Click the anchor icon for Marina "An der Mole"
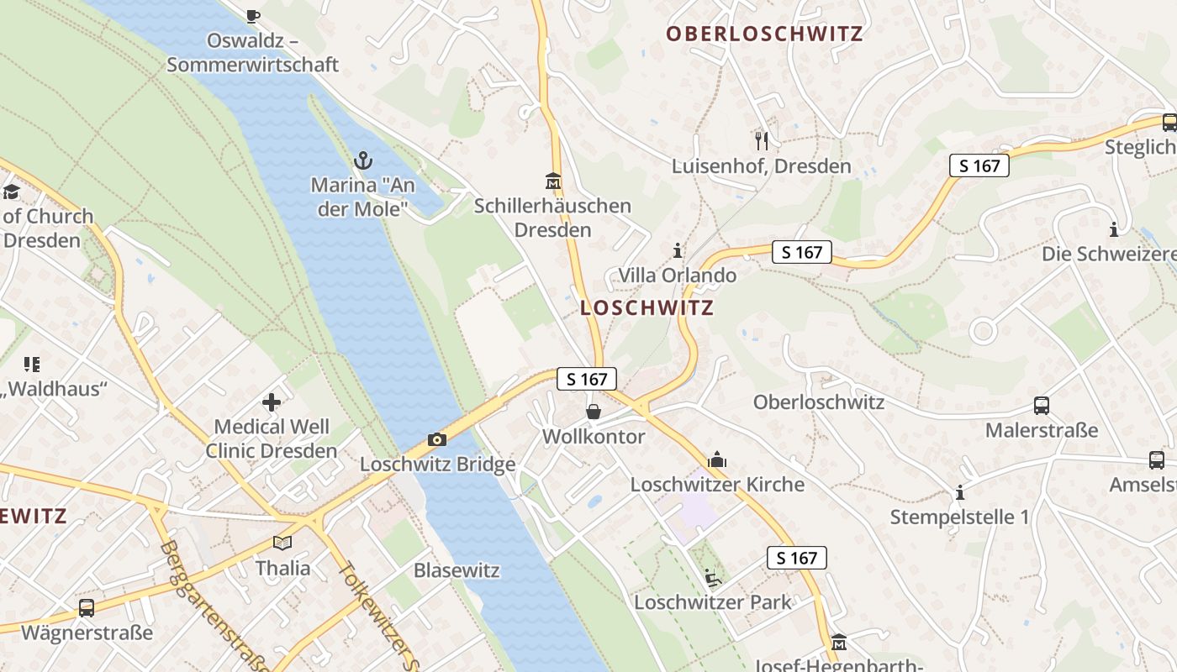pyautogui.click(x=363, y=160)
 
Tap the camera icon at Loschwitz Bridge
pyautogui.click(x=436, y=439)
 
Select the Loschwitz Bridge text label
pyautogui.click(x=437, y=465)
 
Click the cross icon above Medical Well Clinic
pyautogui.click(x=271, y=402)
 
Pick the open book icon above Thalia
pyautogui.click(x=282, y=543)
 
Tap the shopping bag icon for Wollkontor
pyautogui.click(x=594, y=412)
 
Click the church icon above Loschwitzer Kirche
pyautogui.click(x=717, y=459)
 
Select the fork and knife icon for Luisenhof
pyautogui.click(x=762, y=140)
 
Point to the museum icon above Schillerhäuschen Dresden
pyautogui.click(x=553, y=181)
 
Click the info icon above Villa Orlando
pyautogui.click(x=678, y=250)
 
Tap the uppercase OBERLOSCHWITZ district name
pyautogui.click(x=764, y=34)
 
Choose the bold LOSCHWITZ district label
pyautogui.click(x=647, y=307)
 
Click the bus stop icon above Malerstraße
pyautogui.click(x=1042, y=406)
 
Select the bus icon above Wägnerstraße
pyautogui.click(x=87, y=607)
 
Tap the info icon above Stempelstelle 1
pyautogui.click(x=959, y=492)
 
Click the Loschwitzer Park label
pyautogui.click(x=712, y=602)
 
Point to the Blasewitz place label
pyautogui.click(x=457, y=570)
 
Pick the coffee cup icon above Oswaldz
pyautogui.click(x=252, y=15)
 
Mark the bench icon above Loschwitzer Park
pyautogui.click(x=712, y=577)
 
